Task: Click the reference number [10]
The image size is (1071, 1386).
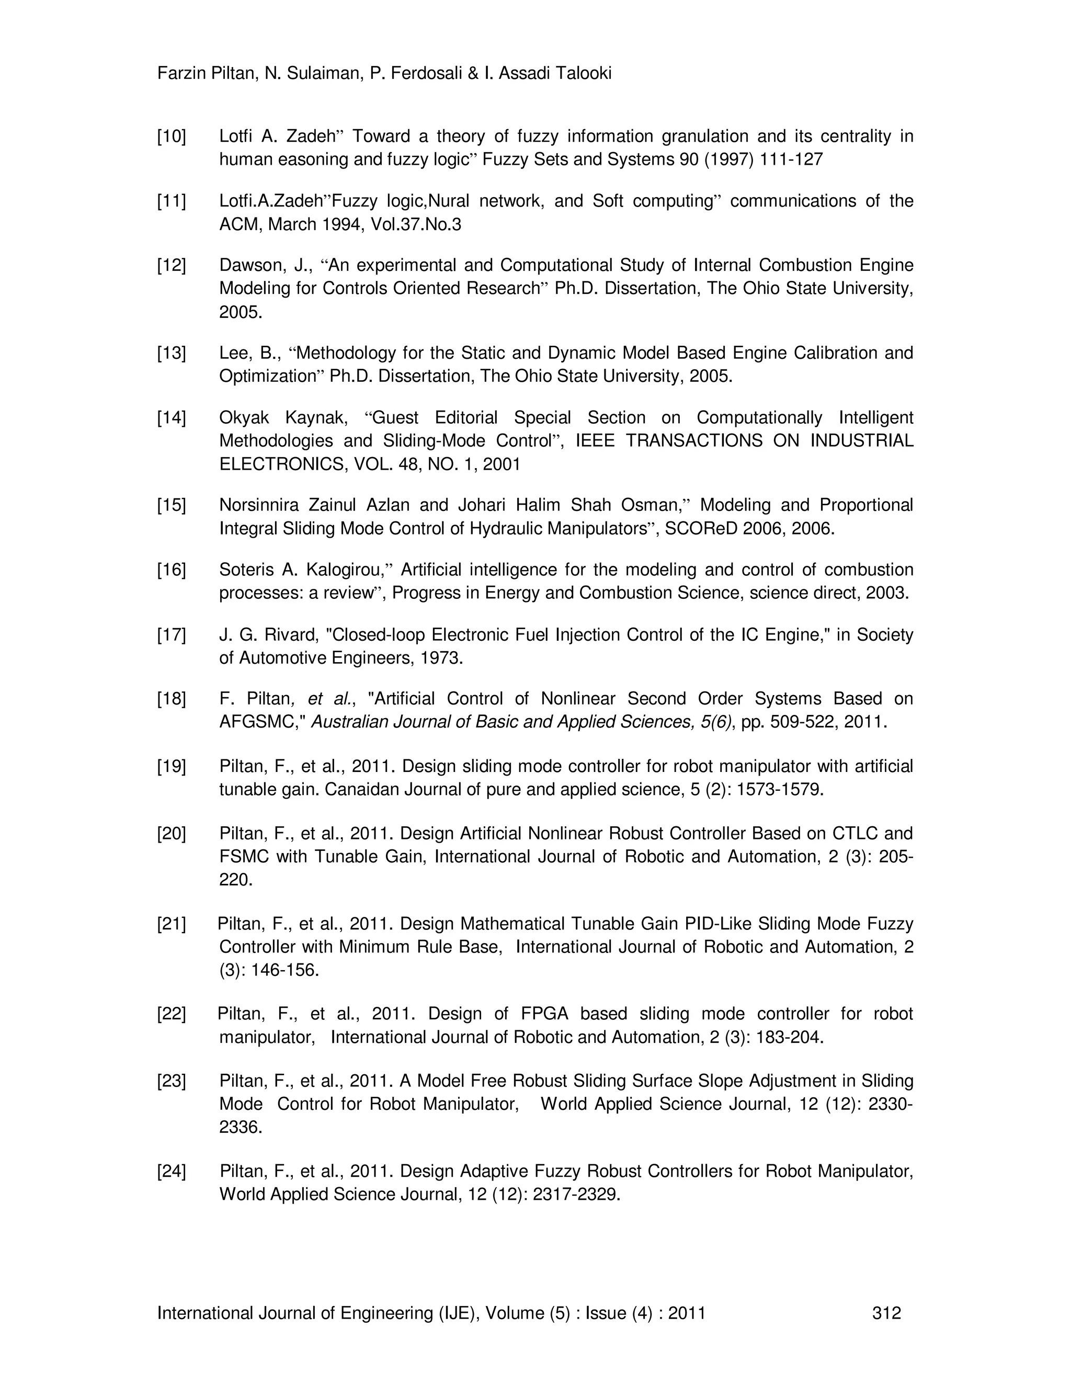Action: [x=172, y=137]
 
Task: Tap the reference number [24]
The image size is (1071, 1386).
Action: [x=172, y=1171]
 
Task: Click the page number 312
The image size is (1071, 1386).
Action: [x=886, y=1313]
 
